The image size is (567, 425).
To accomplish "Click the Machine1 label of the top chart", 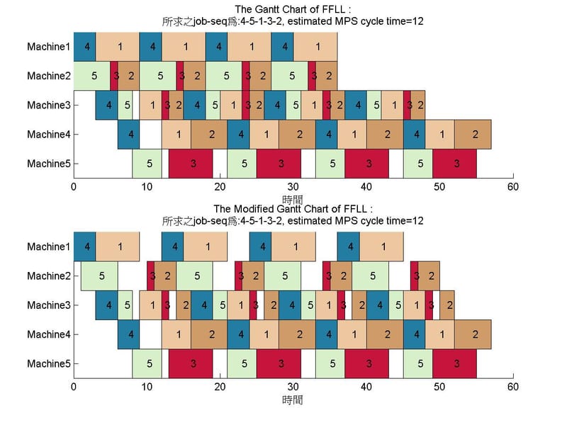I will click(x=49, y=47).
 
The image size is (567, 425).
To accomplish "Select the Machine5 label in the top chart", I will click(x=49, y=164).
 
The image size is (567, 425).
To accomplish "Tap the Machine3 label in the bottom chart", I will click(x=49, y=305).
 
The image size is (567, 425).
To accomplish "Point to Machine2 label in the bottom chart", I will click(x=49, y=276).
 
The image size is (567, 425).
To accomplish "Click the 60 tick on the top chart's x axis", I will click(x=512, y=187).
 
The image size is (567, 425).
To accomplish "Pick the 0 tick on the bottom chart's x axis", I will click(x=74, y=387).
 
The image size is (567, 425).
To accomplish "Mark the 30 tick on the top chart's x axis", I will click(x=293, y=187).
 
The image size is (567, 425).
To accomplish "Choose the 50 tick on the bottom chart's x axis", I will click(x=439, y=387).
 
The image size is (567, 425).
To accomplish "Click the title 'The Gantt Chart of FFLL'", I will click(x=292, y=8).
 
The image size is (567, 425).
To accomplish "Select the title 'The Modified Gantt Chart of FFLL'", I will click(x=292, y=209).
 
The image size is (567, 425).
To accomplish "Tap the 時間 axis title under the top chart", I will click(x=293, y=200).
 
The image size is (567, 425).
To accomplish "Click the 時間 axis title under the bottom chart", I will click(x=293, y=399).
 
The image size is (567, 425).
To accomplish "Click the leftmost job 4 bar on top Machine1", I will click(x=84, y=47).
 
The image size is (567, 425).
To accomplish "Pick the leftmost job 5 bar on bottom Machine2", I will click(x=99, y=276).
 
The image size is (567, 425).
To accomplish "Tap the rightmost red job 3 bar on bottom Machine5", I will click(x=454, y=363).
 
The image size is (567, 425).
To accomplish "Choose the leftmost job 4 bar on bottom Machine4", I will click(x=128, y=334).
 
